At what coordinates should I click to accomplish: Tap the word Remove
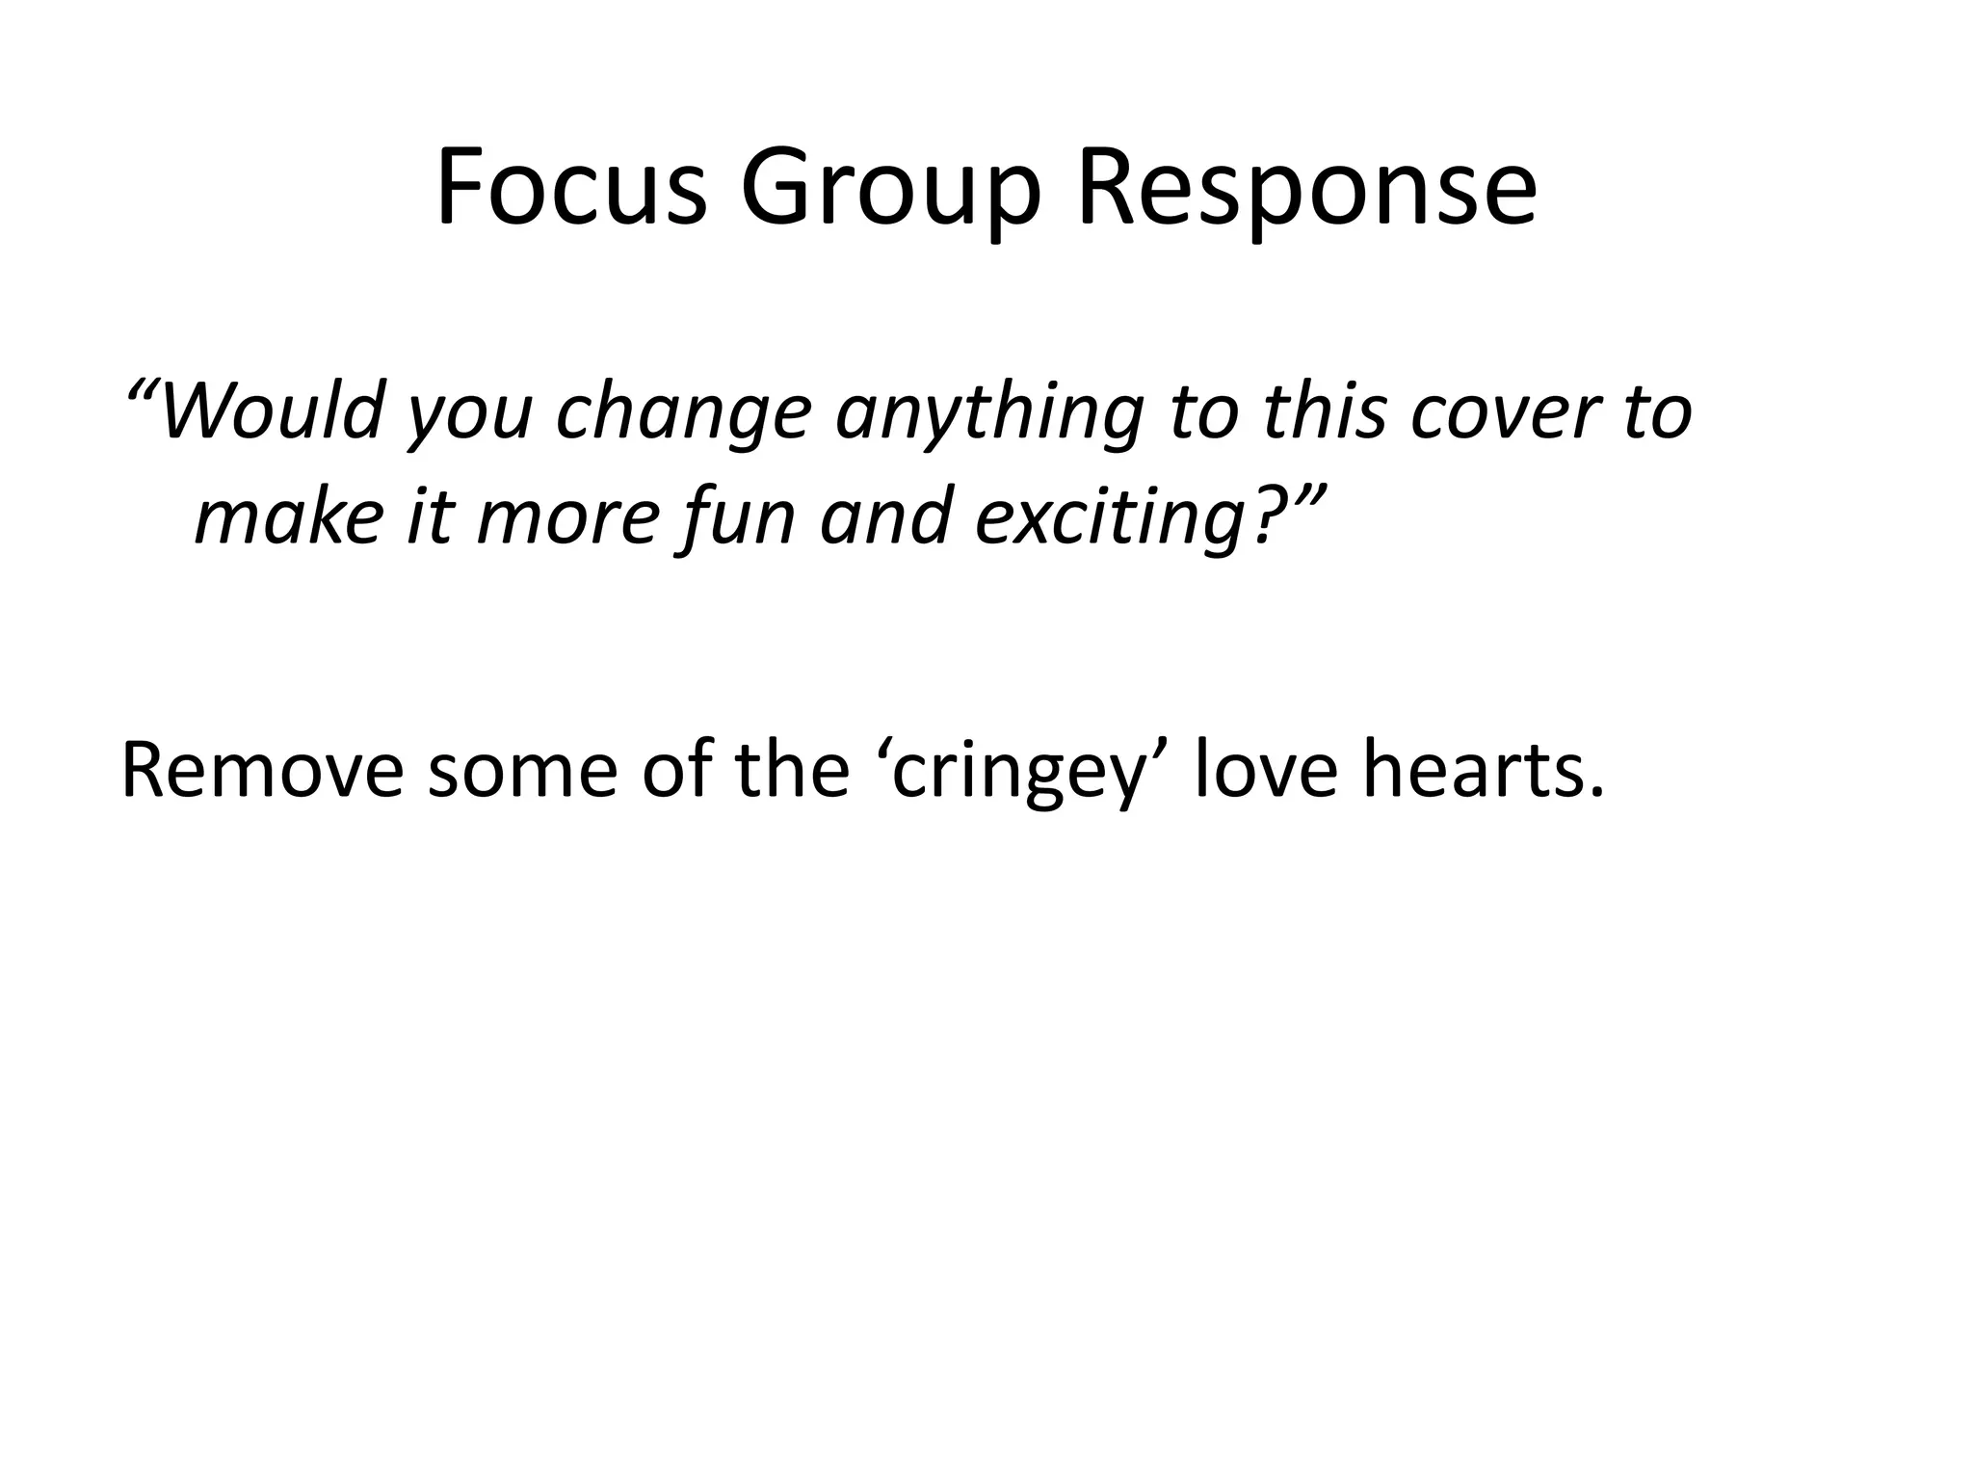(261, 771)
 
